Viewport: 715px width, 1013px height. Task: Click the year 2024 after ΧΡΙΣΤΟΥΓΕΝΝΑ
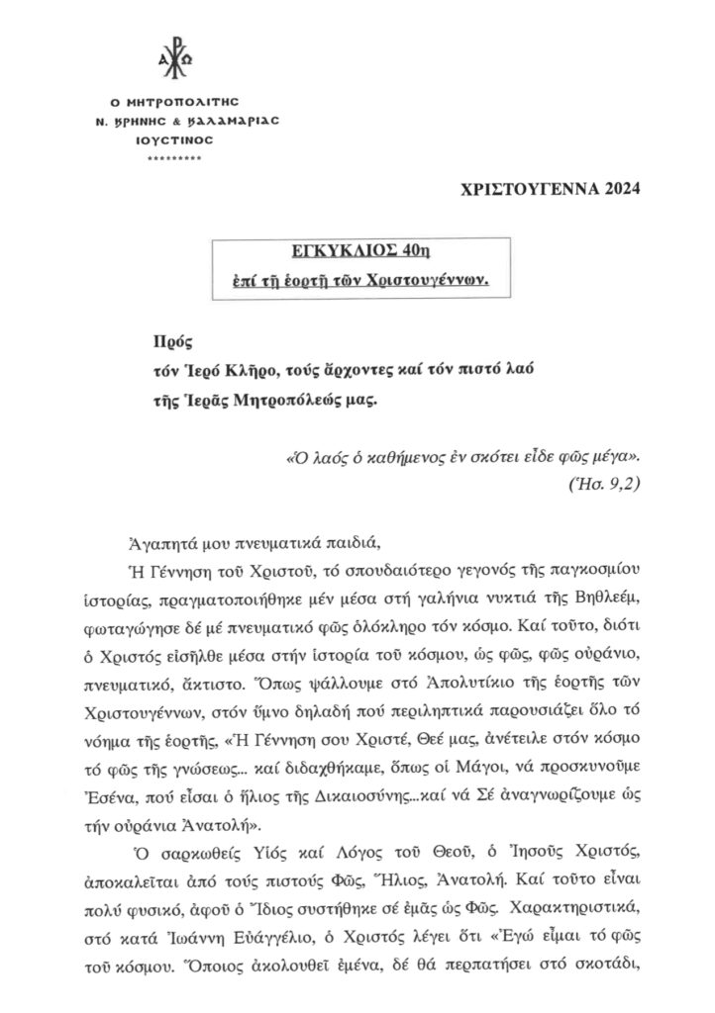(613, 189)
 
